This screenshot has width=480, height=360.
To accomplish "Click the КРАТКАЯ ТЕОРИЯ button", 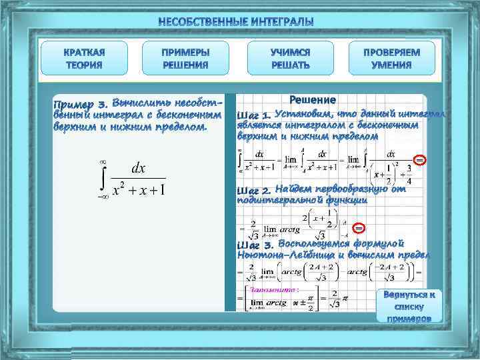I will tap(84, 58).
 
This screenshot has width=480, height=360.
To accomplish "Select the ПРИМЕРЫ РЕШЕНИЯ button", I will tap(185, 58).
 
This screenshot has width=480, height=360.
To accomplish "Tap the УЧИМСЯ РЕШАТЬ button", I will tap(290, 58).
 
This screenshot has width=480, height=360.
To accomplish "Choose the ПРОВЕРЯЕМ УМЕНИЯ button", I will tap(391, 58).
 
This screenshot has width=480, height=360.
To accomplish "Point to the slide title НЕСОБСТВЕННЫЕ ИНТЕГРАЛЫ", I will tap(236, 23).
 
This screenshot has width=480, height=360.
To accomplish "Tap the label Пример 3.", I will tap(80, 105).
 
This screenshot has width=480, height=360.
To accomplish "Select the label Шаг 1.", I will tap(253, 115).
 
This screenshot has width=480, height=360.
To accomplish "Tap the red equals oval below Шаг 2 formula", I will tap(358, 228).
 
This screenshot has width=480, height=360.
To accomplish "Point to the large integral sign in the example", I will tap(103, 177).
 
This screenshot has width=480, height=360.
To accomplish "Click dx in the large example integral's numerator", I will tap(139, 168).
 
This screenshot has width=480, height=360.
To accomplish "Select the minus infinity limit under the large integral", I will tap(103, 198).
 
